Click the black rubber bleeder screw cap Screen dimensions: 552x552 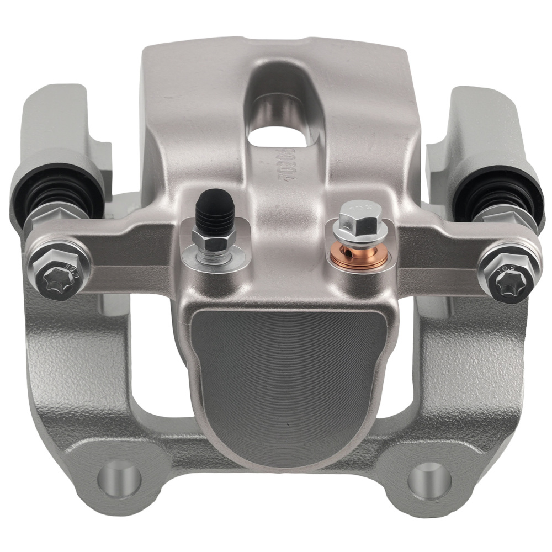pos(214,209)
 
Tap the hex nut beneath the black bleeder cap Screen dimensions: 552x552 pos(214,238)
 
